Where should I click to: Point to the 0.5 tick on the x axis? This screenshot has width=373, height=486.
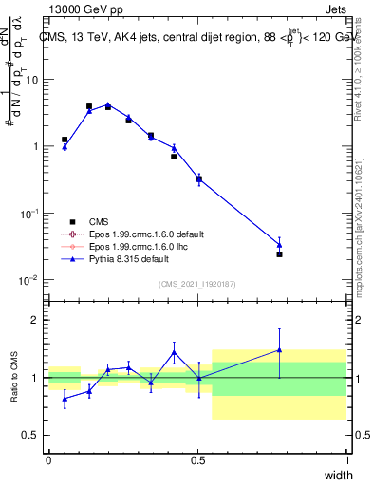(x=197, y=460)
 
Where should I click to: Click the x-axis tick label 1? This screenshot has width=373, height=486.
(x=346, y=460)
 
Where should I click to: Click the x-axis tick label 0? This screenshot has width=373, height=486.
(x=48, y=460)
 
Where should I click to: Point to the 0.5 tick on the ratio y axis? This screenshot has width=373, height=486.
(x=32, y=435)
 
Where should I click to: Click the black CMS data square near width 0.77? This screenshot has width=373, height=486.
(x=279, y=254)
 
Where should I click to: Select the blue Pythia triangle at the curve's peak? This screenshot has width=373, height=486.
(x=108, y=104)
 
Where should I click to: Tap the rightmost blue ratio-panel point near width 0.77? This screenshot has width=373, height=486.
(x=279, y=349)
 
